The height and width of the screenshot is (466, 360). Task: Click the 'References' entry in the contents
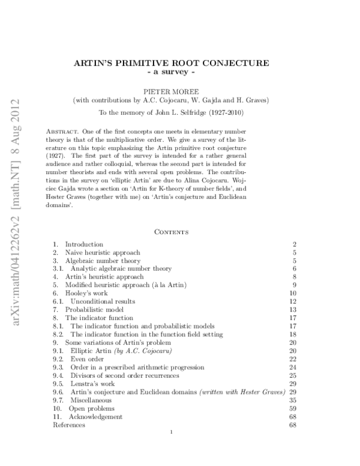pos(68,425)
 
